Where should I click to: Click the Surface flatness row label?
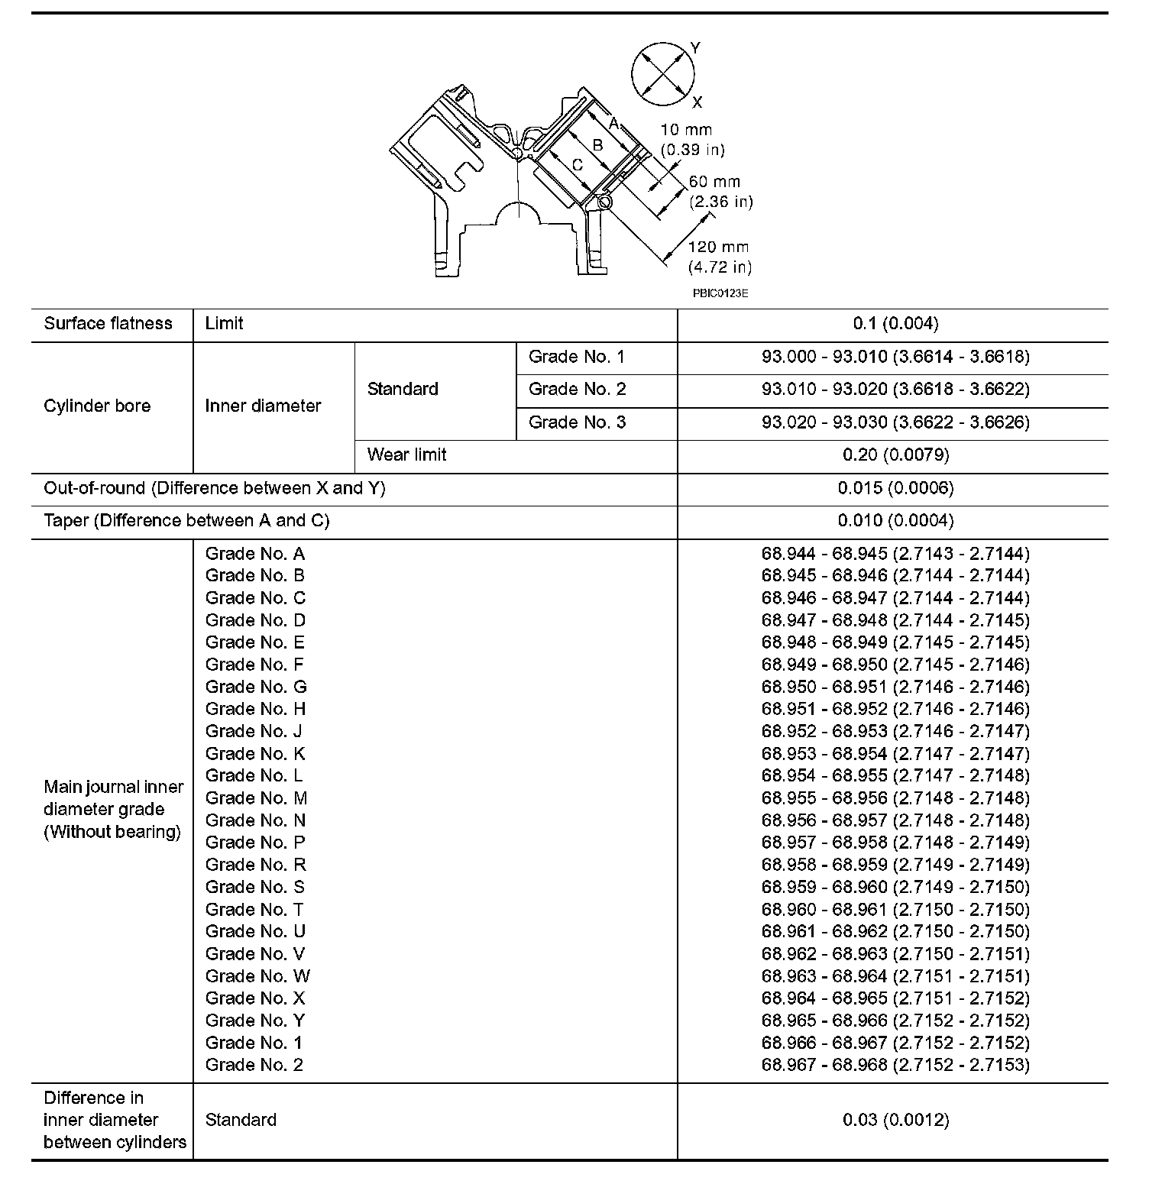pos(108,324)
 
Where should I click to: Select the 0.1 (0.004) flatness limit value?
pos(895,324)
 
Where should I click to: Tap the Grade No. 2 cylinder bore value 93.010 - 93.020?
pos(895,390)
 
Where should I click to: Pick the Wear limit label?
pos(406,455)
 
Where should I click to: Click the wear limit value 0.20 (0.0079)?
pos(895,455)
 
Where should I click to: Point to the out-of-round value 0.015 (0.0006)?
pos(895,488)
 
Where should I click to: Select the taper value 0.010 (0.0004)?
pos(895,521)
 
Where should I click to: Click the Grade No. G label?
pos(256,687)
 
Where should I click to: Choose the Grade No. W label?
pos(257,976)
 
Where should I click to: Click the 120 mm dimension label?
pos(718,247)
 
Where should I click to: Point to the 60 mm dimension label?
pos(714,182)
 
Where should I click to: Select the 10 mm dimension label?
pos(686,131)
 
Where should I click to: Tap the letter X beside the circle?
pos(697,102)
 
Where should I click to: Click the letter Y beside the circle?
pos(694,48)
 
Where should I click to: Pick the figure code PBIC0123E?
pos(720,293)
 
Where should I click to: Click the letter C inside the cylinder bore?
pos(578,164)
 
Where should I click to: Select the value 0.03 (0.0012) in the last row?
pos(895,1121)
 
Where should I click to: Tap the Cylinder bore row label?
pos(97,406)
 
